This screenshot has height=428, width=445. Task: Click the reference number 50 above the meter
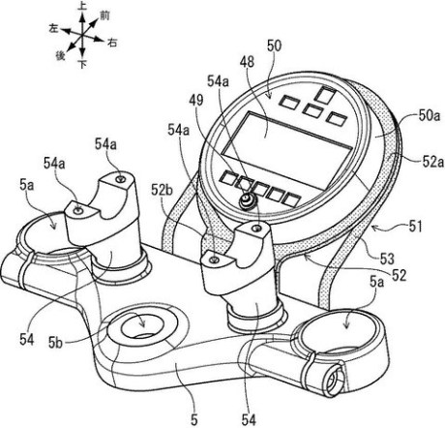pos(274,46)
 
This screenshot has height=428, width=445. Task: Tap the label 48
pos(247,62)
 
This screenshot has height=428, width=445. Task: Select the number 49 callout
pos(196,101)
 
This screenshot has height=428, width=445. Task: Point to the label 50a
pos(430,116)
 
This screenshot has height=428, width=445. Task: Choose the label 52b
pos(162,190)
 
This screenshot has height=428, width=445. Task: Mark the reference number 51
pos(415,227)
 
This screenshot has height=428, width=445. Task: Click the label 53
pos(387,259)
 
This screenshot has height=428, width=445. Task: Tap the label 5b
pos(55,343)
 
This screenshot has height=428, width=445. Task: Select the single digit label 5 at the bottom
pos(193,420)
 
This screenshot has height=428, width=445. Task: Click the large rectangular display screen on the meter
pos(288,150)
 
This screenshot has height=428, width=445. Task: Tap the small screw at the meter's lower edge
pos(247,200)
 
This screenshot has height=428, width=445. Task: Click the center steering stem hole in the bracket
pos(142,326)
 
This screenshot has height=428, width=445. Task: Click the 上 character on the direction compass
pos(82,7)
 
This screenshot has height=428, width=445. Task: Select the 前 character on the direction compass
pos(104,15)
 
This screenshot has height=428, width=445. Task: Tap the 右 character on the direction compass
pos(112,43)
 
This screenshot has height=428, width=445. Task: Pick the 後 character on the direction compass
pos(60,55)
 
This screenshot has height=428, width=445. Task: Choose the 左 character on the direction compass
pos(53,28)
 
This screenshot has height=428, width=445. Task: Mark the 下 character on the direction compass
pos(82,65)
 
